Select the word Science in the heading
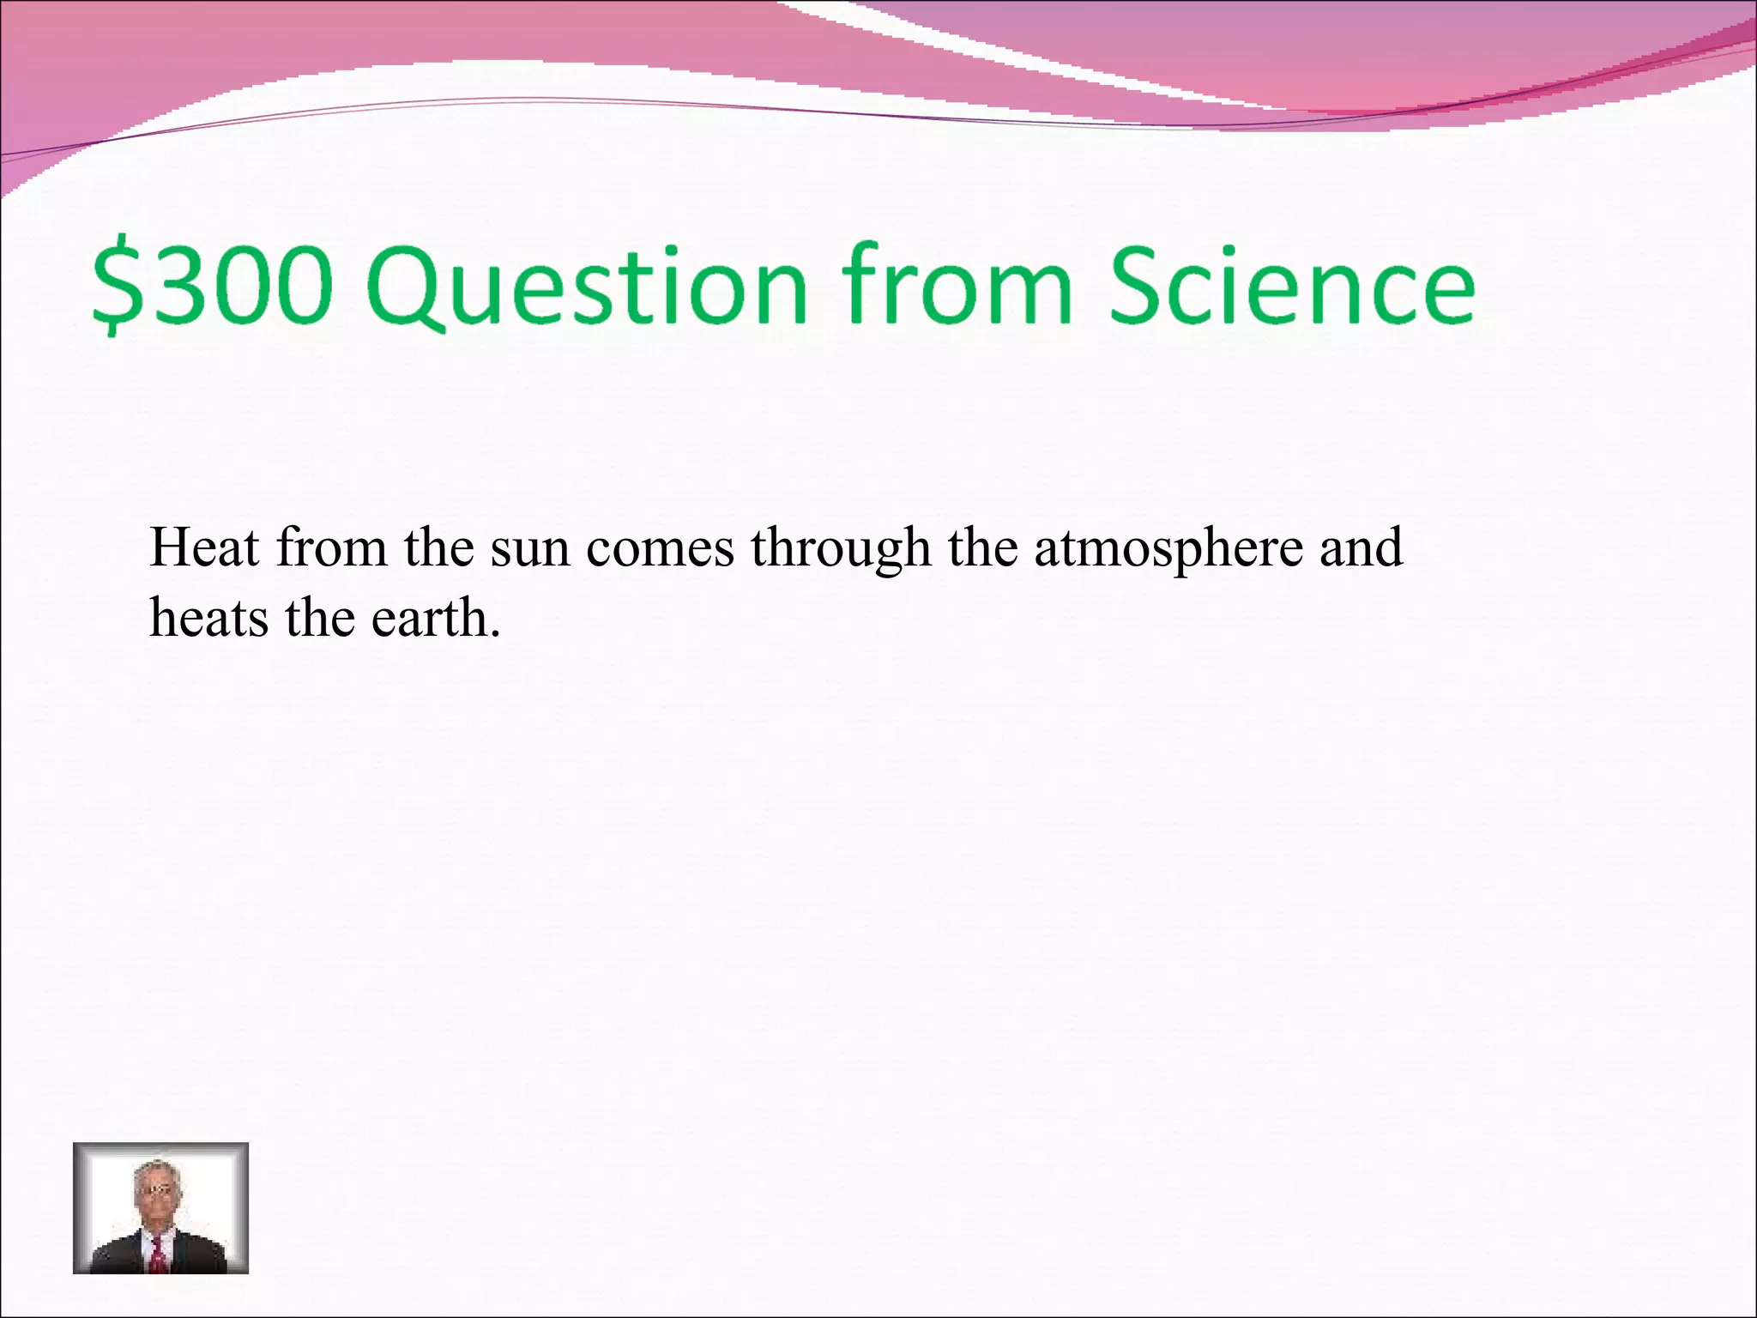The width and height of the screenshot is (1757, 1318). coord(1290,285)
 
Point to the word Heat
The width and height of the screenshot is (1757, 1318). coord(204,547)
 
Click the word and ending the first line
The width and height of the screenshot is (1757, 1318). coord(1361,547)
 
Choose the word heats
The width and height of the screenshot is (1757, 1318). coord(208,617)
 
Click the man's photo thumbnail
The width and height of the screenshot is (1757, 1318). coord(160,1207)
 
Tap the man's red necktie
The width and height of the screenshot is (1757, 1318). coord(159,1254)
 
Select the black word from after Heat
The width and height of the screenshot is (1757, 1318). coord(331,547)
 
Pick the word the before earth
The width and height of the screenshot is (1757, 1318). coord(319,617)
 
